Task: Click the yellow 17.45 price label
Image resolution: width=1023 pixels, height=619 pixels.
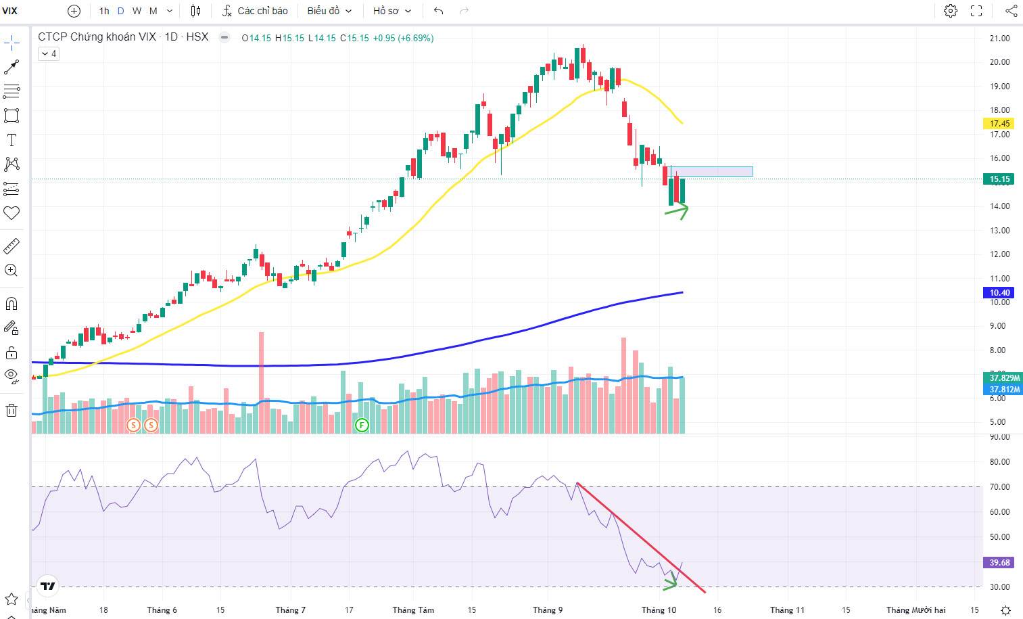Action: tap(1000, 124)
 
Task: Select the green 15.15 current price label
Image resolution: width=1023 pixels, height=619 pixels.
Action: tap(1000, 179)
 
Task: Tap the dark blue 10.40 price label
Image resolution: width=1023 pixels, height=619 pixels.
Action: tap(1000, 293)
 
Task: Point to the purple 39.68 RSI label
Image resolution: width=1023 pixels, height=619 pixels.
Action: tap(1000, 562)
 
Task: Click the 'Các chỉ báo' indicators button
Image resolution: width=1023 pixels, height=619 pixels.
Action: tap(256, 11)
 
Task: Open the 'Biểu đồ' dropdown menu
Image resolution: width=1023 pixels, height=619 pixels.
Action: tap(329, 11)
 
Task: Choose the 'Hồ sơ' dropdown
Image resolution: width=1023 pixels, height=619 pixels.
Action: tap(392, 11)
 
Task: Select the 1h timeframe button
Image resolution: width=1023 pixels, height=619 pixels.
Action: tap(104, 11)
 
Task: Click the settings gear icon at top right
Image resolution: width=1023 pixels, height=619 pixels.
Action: tap(951, 11)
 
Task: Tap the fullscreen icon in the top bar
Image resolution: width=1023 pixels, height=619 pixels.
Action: tap(976, 11)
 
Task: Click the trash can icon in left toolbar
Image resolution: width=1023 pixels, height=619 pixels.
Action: tap(11, 410)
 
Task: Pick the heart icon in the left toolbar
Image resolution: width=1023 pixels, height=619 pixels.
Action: tap(11, 213)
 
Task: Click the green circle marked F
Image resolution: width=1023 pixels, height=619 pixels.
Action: tap(362, 425)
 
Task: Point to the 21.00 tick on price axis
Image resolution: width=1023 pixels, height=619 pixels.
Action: tap(999, 39)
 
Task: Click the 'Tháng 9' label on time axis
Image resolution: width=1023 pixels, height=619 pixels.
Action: tap(548, 610)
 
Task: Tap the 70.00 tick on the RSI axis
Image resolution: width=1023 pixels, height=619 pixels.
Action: tap(999, 487)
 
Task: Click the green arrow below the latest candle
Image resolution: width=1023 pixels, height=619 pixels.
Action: tap(677, 211)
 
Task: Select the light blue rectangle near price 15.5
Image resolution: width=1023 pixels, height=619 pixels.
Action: tap(711, 171)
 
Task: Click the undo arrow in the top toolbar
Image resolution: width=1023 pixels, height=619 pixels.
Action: tap(439, 11)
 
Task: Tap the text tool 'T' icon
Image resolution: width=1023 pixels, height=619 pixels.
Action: tap(11, 140)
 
